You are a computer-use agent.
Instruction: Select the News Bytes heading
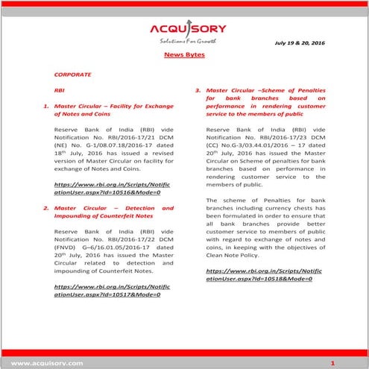[x=184, y=56]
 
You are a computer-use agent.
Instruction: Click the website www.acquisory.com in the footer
[x=41, y=362]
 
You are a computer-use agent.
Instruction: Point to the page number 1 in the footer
[x=333, y=362]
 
